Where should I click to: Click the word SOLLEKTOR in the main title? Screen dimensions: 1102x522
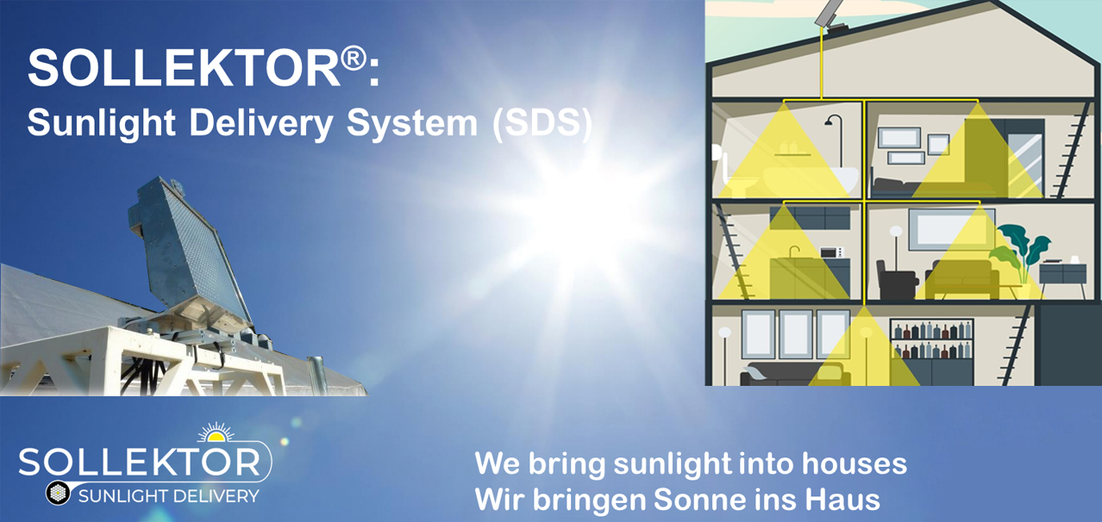185,68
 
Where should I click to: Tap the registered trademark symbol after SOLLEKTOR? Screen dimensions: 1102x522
354,58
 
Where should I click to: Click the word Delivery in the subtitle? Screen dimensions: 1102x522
261,122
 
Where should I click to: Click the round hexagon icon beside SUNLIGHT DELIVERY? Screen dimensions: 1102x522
58,493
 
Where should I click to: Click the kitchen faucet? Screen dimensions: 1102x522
793,251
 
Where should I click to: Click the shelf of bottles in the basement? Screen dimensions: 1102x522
932,339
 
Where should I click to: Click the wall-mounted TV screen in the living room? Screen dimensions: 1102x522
951,230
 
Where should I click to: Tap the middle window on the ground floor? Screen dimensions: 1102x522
796,334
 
